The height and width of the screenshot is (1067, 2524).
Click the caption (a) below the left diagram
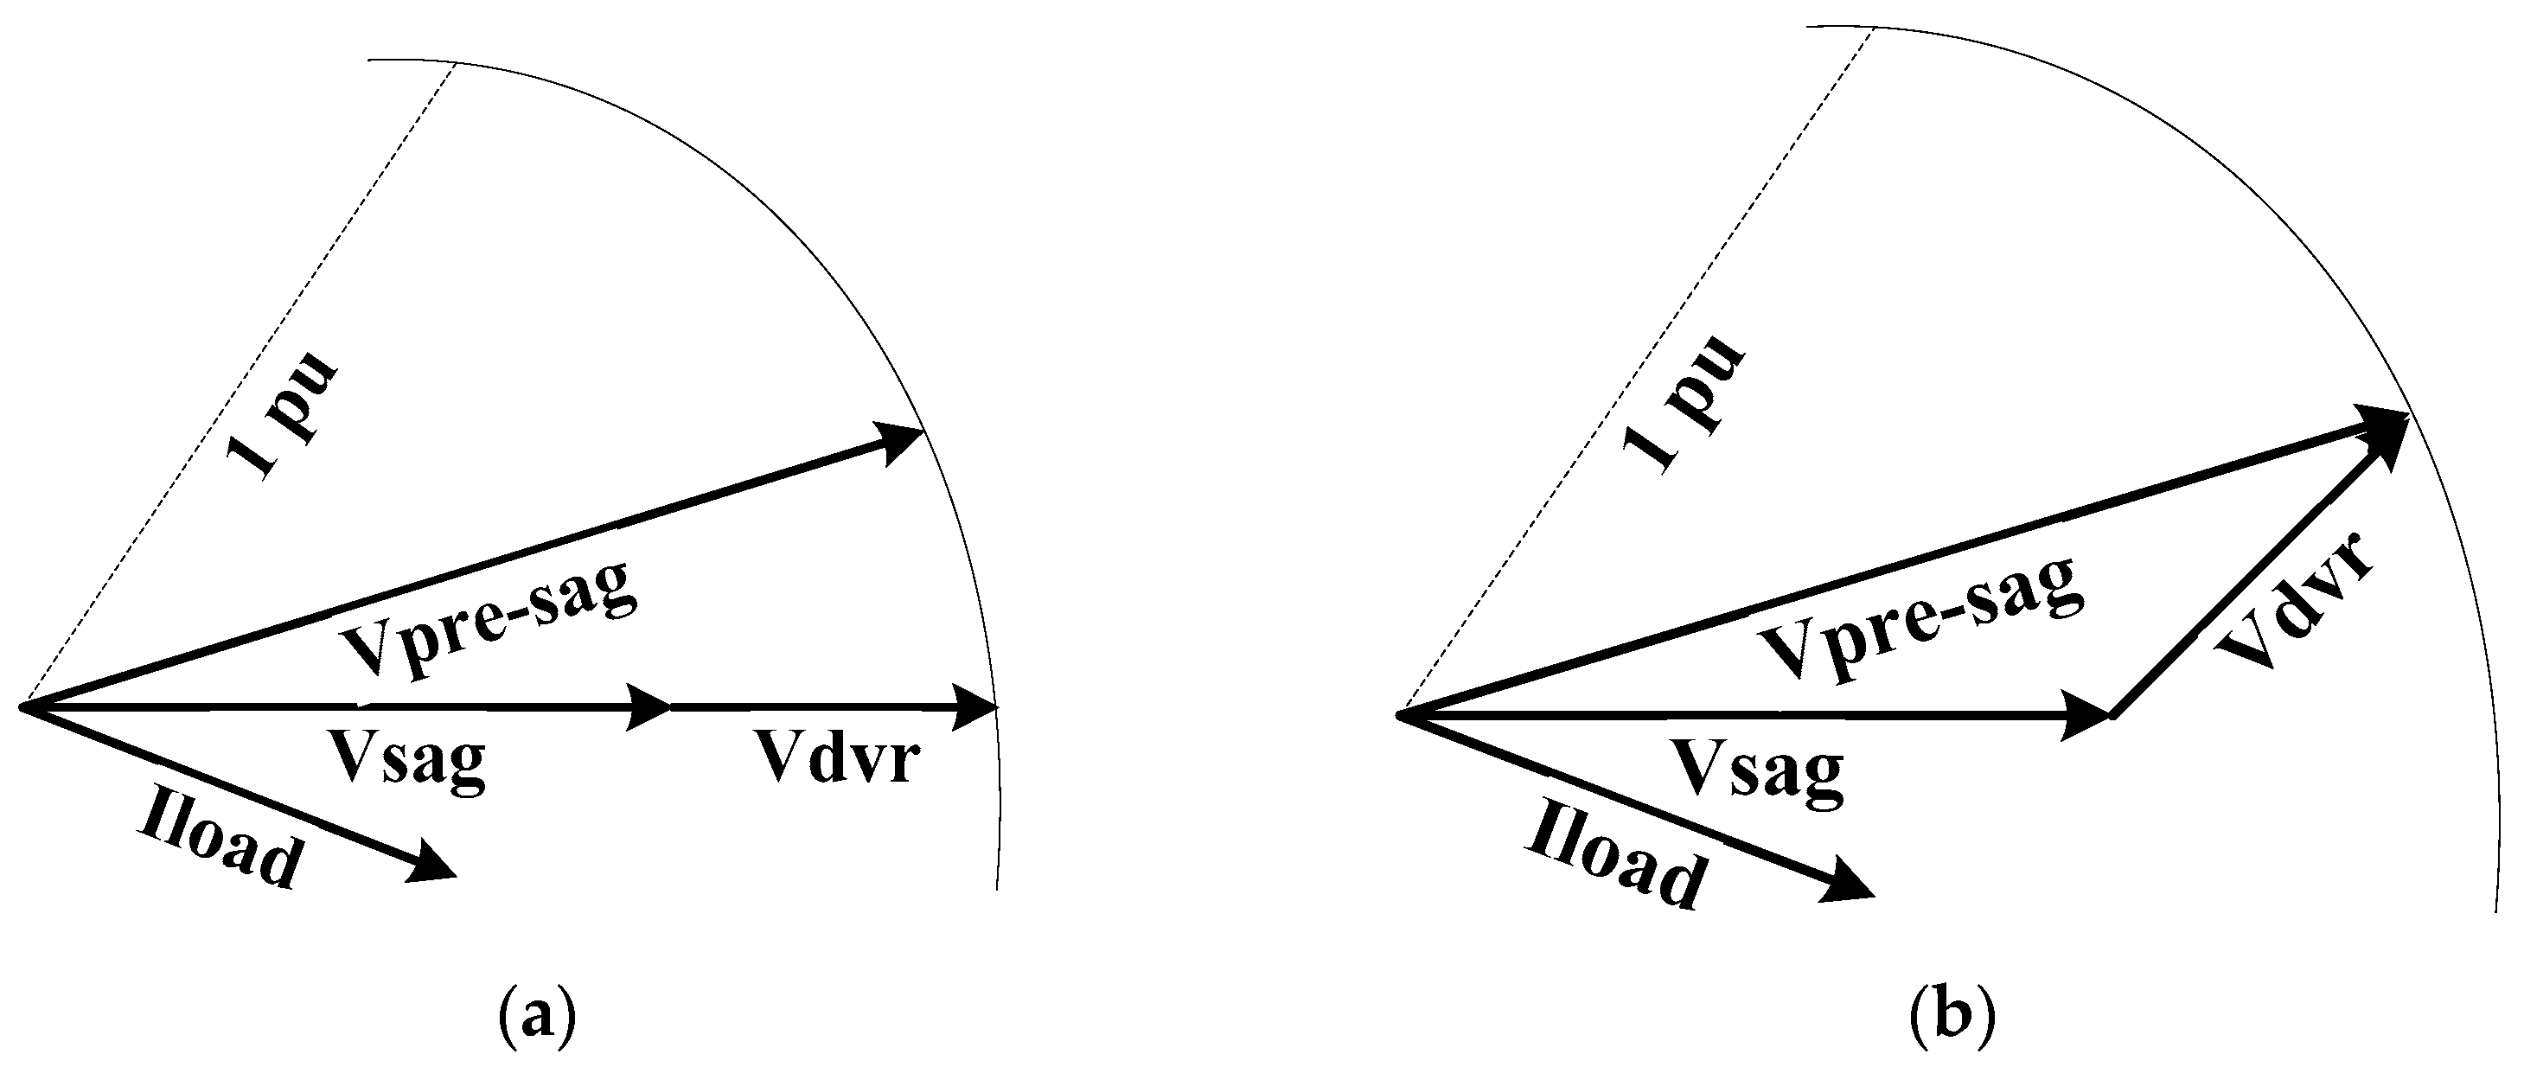(x=536, y=1018)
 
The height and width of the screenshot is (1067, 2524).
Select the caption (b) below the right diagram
(x=1952, y=1018)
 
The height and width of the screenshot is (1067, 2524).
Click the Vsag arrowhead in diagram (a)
(x=649, y=706)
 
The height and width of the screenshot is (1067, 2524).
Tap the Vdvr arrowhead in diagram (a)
(x=974, y=706)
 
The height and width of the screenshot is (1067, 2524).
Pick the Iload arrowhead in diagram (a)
(x=431, y=863)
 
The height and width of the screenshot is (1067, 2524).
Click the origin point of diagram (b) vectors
(x=1400, y=716)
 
